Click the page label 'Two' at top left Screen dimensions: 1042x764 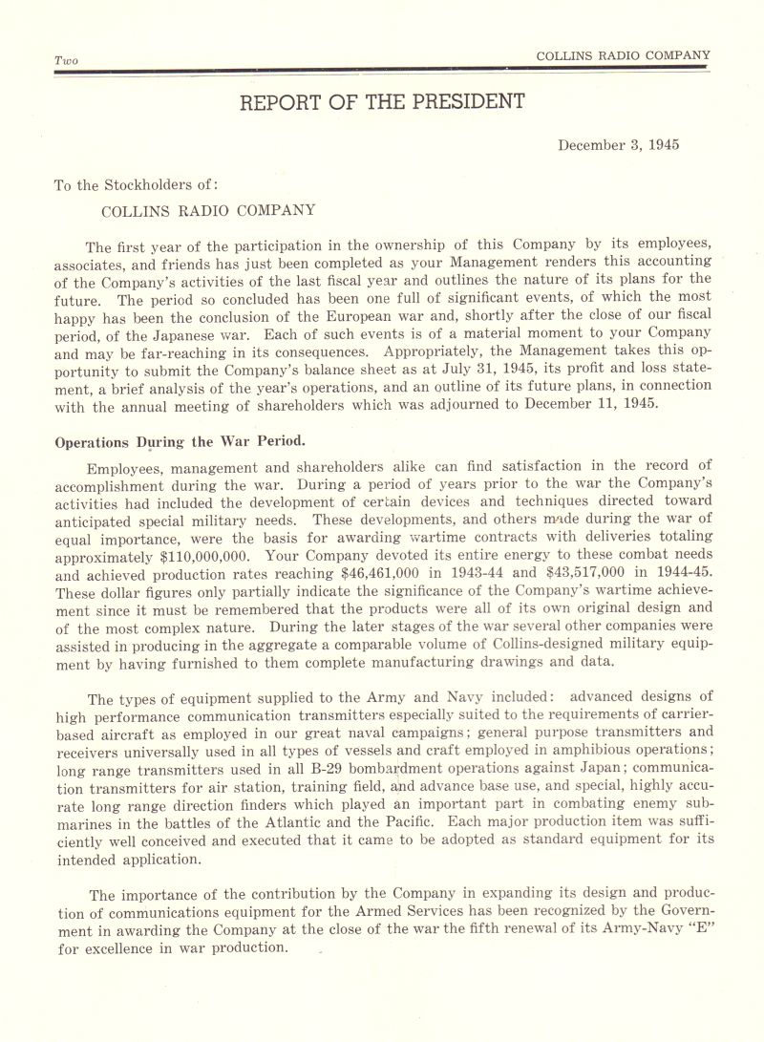point(66,60)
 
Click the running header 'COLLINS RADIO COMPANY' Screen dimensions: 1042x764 point(623,55)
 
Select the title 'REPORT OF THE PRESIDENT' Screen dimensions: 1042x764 point(382,101)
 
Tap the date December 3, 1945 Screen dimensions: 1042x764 point(618,145)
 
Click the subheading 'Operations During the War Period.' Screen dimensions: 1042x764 point(180,441)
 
